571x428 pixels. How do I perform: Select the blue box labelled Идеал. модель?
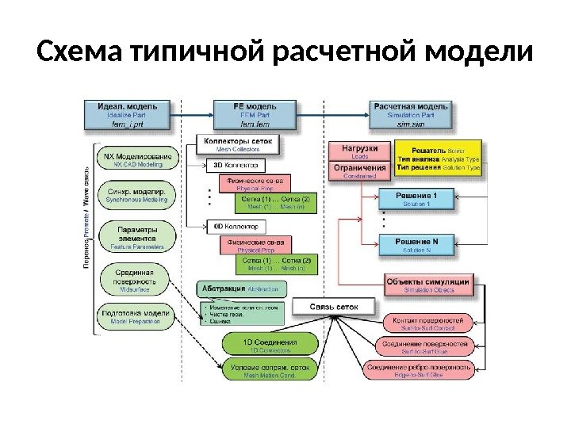(126, 114)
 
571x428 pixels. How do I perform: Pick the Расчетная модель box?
(410, 114)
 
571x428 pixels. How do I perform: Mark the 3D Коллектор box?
(233, 166)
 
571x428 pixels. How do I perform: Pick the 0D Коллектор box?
(233, 225)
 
